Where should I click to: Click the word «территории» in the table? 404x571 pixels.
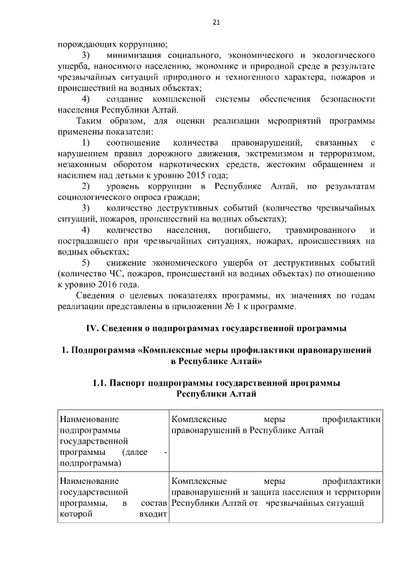pyautogui.click(x=357, y=493)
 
